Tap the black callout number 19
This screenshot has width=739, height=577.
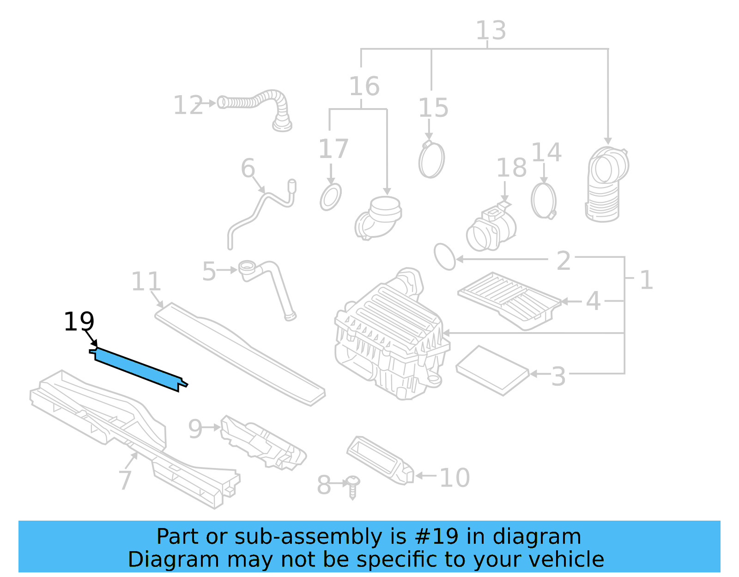point(79,322)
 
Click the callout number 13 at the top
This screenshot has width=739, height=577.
point(491,31)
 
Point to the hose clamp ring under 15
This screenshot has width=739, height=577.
point(431,160)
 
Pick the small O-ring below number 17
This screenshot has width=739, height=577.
point(331,197)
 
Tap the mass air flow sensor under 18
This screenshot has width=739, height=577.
point(491,229)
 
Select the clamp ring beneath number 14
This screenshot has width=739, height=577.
point(544,201)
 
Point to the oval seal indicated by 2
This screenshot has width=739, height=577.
point(445,257)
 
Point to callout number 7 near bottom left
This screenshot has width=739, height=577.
point(125,480)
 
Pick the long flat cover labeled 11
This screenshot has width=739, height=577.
point(240,353)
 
